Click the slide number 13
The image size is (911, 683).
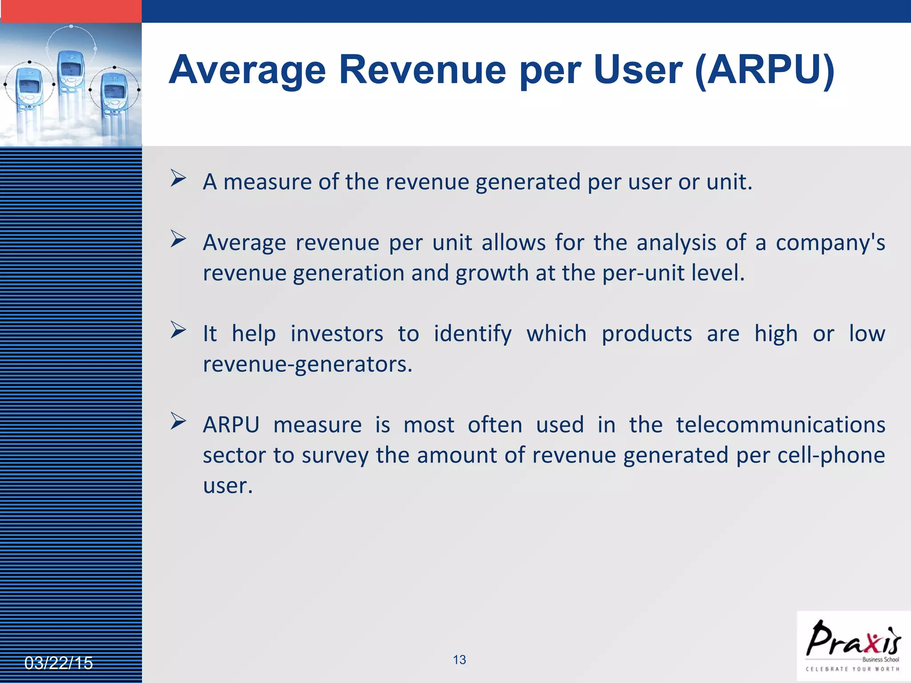coord(459,659)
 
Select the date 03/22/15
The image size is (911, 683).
coord(58,663)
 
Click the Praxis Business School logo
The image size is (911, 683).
coord(853,646)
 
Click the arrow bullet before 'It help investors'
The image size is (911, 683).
coord(178,330)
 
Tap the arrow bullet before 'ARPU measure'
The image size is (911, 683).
coord(178,421)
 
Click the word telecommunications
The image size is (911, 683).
coord(781,425)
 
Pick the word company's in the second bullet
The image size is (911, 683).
coord(830,243)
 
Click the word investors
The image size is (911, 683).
coord(337,334)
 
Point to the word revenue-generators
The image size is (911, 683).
coord(307,364)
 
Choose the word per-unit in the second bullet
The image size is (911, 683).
coord(643,273)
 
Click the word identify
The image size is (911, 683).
coord(472,334)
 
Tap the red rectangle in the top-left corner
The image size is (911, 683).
coord(71,11)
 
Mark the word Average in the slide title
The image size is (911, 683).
coord(247,69)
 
